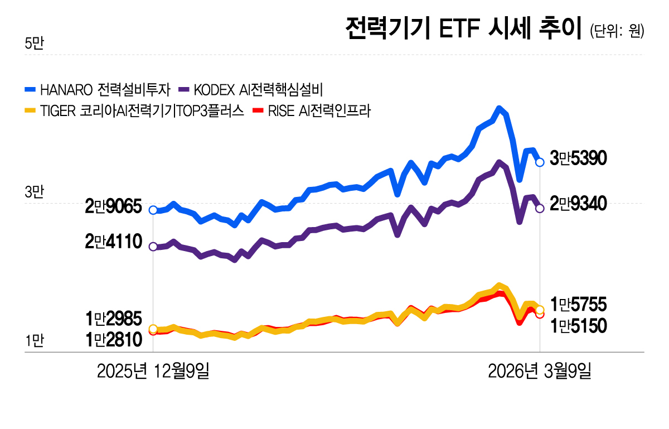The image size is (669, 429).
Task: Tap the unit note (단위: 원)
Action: click(617, 31)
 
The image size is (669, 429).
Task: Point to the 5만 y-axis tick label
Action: click(34, 44)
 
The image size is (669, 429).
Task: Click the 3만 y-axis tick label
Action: click(34, 193)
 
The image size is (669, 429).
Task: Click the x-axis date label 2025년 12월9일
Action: click(153, 371)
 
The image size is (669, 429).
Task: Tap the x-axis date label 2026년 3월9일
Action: click(539, 371)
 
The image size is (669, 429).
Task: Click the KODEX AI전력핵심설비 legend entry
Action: click(251, 89)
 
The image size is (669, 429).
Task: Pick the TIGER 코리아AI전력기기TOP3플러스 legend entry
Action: click(134, 110)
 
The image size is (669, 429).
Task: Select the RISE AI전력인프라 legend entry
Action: click(312, 110)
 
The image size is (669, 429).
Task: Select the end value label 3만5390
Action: click(578, 159)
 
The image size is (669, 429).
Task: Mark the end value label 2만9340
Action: click(578, 205)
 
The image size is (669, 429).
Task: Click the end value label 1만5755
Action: click(578, 305)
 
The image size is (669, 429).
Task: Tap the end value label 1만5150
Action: click(578, 325)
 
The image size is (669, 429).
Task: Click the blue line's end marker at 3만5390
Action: click(540, 162)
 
